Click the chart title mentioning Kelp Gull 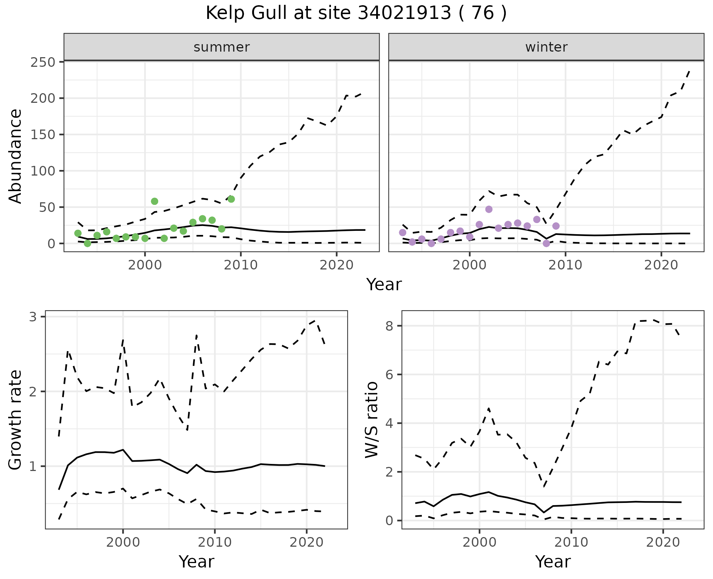pos(356,13)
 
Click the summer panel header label pos(222,47)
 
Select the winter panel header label pos(546,47)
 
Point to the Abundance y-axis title pos(16,156)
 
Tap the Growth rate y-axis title pos(16,420)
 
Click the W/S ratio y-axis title pos(372,420)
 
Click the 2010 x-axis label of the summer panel pos(241,265)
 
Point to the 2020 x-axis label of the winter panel pos(661,265)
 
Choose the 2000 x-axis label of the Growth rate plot pos(123,542)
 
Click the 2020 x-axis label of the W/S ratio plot pos(663,542)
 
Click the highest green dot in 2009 pos(231,199)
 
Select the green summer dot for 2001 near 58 pos(154,201)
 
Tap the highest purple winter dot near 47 pos(489,209)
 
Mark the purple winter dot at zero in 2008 pos(546,243)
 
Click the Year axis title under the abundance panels pos(384,285)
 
